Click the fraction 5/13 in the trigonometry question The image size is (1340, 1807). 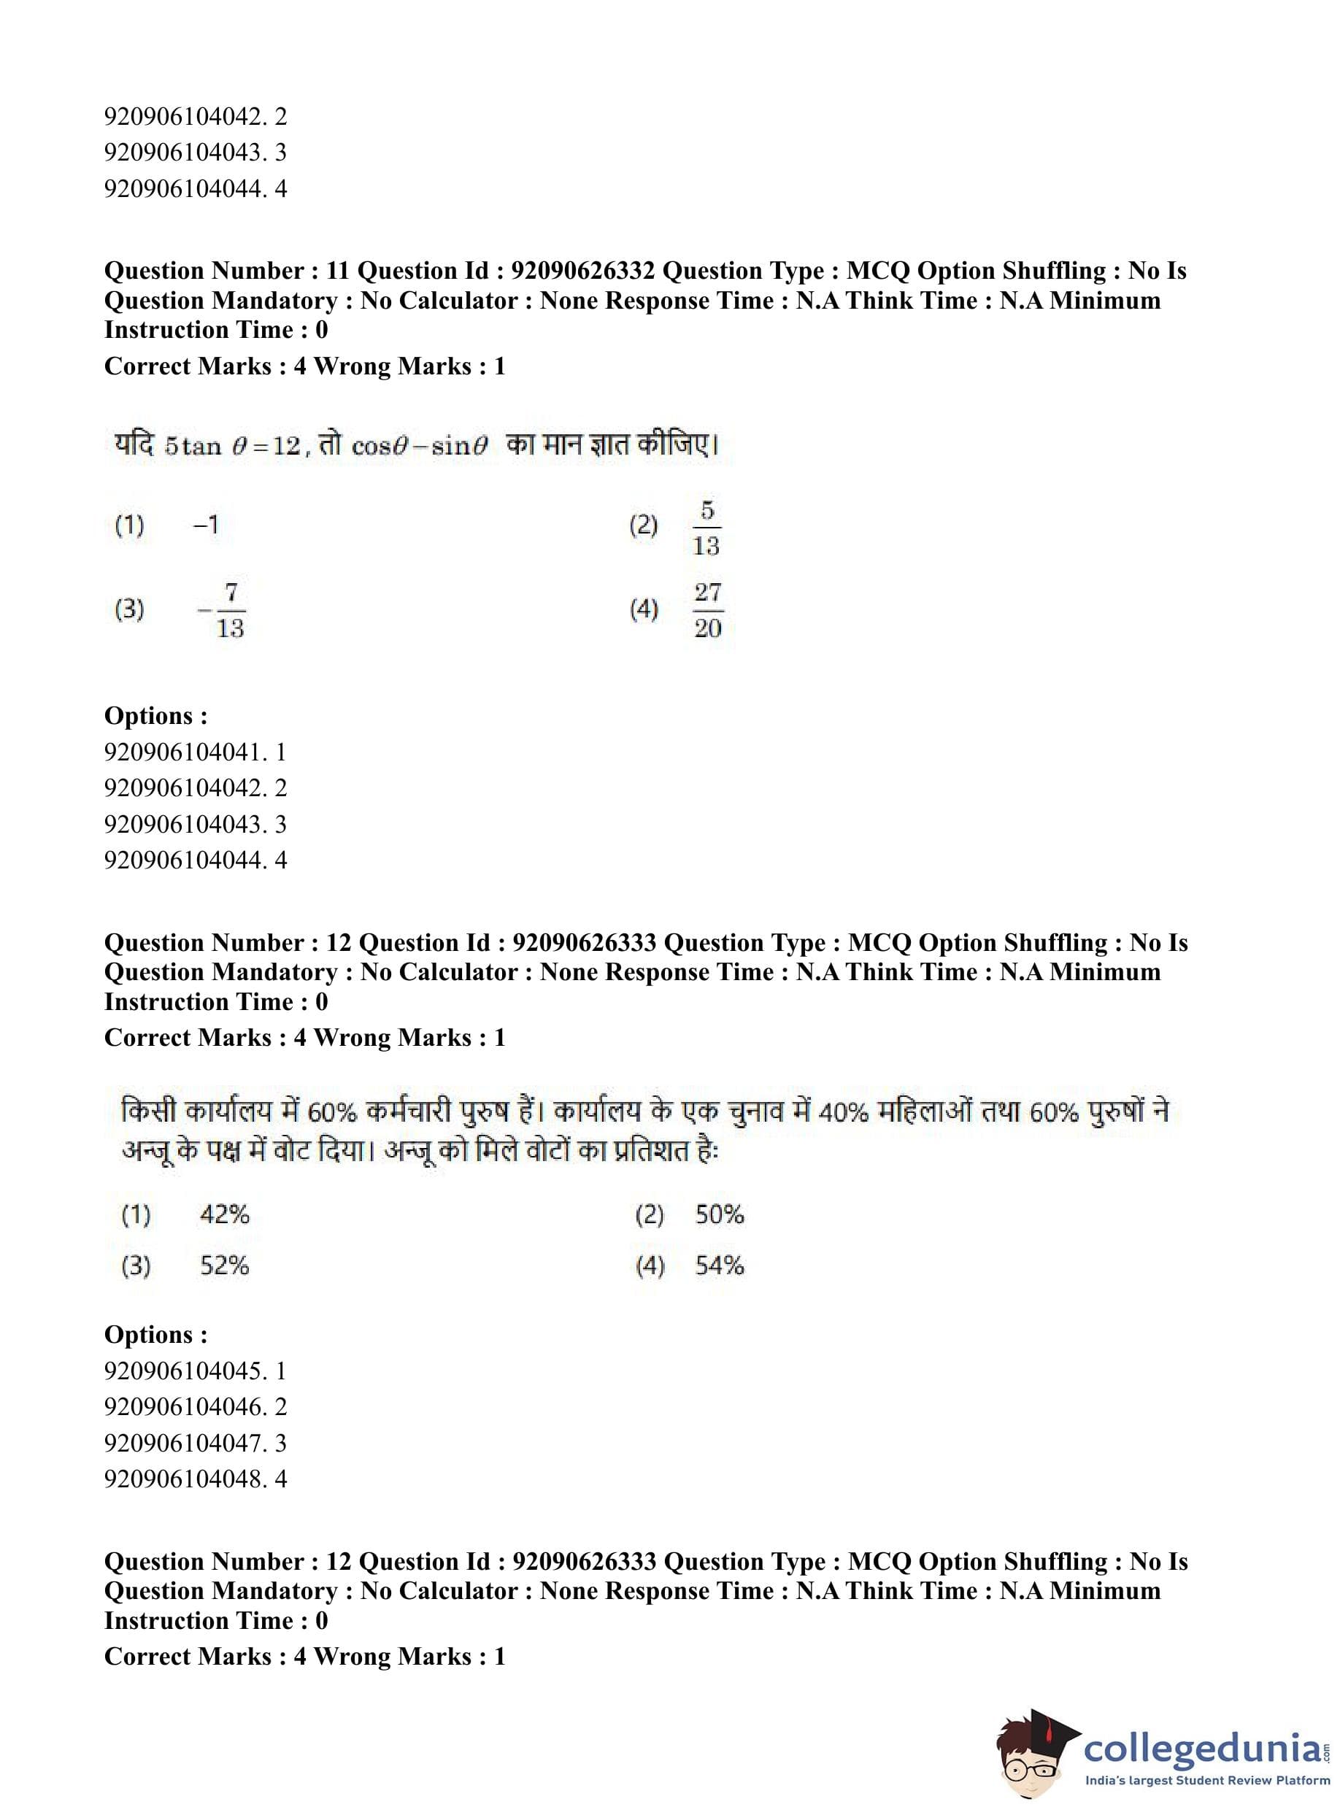[706, 528]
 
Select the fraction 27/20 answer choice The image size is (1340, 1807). [707, 610]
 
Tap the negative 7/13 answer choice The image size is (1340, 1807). [223, 610]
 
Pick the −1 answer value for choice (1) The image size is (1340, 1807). [206, 525]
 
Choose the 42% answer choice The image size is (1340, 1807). [225, 1214]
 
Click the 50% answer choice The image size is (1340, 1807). [720, 1214]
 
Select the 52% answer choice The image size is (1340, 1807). [225, 1265]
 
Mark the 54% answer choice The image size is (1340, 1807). [720, 1265]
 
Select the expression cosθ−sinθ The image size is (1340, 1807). [418, 446]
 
